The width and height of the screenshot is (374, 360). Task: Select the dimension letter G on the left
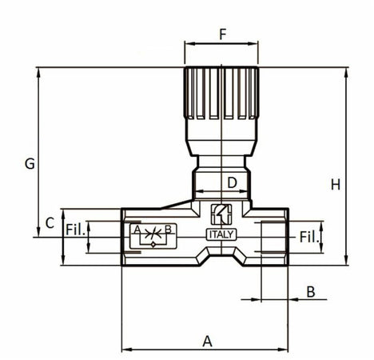tap(29, 164)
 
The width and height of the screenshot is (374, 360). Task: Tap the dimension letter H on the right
tap(336, 185)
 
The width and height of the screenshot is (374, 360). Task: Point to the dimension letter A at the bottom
tap(208, 341)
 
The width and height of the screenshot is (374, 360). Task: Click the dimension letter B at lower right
tap(311, 292)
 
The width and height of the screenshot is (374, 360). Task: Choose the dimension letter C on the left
tap(50, 222)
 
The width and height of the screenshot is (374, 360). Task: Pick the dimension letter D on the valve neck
tap(232, 182)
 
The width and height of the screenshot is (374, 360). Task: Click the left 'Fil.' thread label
tap(75, 230)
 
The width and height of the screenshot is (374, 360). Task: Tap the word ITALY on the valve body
tap(221, 235)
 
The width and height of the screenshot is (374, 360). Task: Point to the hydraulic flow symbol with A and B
tap(152, 235)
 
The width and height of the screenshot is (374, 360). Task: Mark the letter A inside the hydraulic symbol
tap(137, 230)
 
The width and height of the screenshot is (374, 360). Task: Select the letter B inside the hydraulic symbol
tap(168, 230)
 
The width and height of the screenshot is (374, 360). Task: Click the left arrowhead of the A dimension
tap(125, 350)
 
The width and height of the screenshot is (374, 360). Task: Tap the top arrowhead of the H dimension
tap(346, 70)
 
